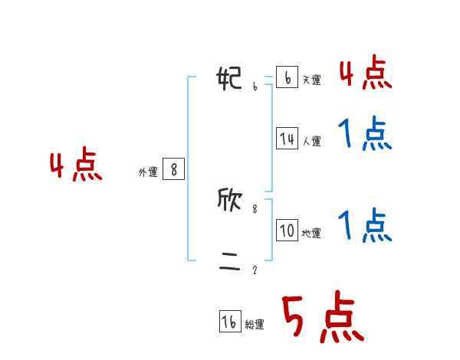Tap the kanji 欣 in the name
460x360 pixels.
(x=231, y=200)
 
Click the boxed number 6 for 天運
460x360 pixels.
(x=287, y=77)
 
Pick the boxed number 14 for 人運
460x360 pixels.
(x=287, y=139)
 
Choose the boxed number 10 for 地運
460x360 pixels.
(x=287, y=231)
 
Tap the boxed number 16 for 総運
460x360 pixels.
(x=230, y=322)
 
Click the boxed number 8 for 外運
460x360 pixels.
(x=173, y=169)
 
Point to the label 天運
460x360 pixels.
(x=311, y=80)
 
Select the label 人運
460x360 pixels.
(x=311, y=141)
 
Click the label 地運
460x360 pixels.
(x=311, y=233)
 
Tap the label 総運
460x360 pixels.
(x=255, y=325)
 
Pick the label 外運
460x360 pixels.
(x=147, y=172)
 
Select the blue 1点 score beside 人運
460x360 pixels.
(x=365, y=135)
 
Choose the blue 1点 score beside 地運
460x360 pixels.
(x=365, y=225)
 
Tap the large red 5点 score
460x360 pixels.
(x=322, y=319)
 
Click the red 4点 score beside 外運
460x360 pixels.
(x=76, y=167)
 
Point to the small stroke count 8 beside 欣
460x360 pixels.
(x=255, y=208)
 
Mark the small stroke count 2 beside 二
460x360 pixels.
(x=255, y=270)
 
